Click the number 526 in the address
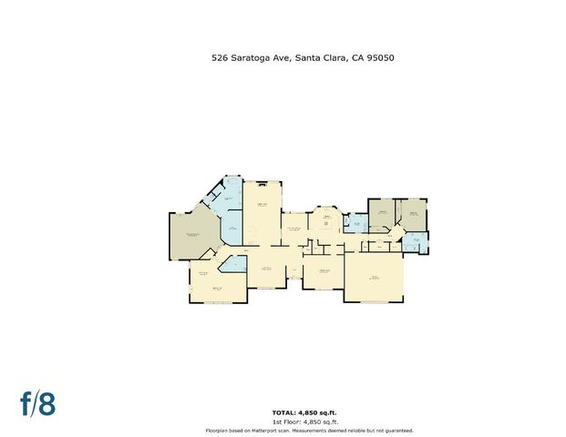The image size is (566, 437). [x=220, y=58]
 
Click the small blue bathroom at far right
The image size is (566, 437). [x=416, y=243]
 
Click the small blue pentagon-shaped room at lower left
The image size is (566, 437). [x=234, y=264]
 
